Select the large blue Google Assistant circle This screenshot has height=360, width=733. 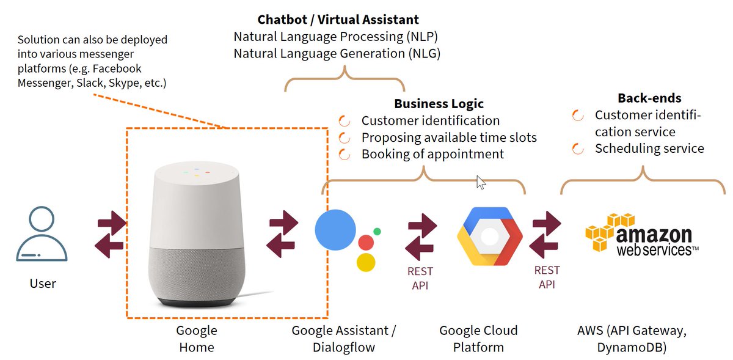(335, 230)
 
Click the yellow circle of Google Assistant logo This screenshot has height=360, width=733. (365, 262)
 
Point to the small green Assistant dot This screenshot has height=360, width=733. (377, 232)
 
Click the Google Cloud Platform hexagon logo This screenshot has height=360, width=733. (490, 236)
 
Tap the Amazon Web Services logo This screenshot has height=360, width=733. (638, 235)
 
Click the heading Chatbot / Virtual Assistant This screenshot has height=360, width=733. (338, 20)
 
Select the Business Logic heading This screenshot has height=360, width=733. (439, 104)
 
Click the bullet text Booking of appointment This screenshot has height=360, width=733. (432, 154)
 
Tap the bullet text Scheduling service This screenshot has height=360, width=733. (649, 149)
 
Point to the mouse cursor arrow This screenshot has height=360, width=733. (480, 182)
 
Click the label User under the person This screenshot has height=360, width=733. (43, 284)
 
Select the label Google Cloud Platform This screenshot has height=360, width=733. (478, 339)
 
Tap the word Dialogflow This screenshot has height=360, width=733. (344, 348)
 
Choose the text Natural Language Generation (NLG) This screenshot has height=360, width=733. (337, 53)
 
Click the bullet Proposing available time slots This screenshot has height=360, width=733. (449, 138)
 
